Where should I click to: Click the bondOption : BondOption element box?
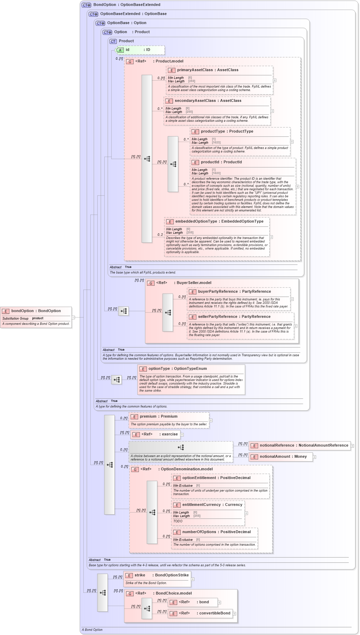[x=36, y=311]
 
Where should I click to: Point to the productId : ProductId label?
[x=221, y=162]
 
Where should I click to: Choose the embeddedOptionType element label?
[x=219, y=222]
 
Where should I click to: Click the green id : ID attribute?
[x=139, y=50]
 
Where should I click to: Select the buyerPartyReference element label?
[x=234, y=292]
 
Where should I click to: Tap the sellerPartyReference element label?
[x=234, y=317]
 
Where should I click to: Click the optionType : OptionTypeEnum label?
[x=178, y=369]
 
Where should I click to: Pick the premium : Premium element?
[x=158, y=417]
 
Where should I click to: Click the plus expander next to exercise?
[x=182, y=435]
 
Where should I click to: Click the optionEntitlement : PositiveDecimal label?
[x=216, y=478]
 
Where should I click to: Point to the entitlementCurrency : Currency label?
[x=212, y=505]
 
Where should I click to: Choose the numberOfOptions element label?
[x=216, y=532]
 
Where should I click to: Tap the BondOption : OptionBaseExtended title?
[x=127, y=5]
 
